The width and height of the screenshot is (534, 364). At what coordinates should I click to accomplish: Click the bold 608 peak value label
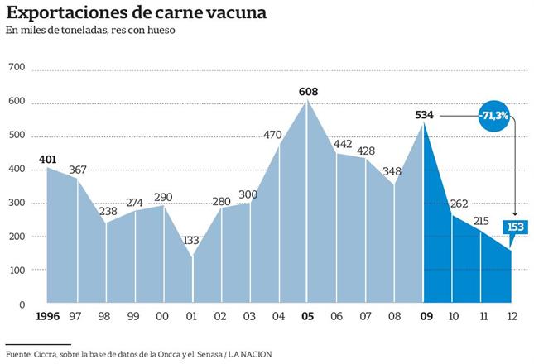pos(309,92)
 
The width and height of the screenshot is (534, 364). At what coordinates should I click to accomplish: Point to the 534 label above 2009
pos(425,115)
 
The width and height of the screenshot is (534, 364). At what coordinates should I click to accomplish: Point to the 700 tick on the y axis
pos(16,68)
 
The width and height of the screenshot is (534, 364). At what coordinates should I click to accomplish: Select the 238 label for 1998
pos(108,211)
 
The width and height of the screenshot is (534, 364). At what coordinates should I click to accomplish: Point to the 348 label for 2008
pos(393,172)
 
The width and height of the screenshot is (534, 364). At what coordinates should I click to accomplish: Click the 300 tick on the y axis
pos(16,203)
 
